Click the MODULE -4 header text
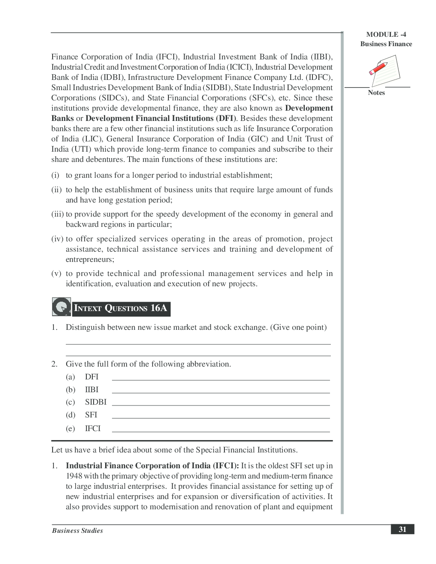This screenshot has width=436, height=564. click(386, 35)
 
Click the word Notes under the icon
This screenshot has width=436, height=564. click(376, 93)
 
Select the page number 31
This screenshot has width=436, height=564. click(402, 529)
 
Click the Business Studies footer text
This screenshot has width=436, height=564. click(77, 531)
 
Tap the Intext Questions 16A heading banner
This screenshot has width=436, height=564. click(121, 308)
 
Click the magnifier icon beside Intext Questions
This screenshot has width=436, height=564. click(61, 307)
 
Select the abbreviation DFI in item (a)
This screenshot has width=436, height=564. click(91, 377)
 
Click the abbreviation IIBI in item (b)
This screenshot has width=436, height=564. click(91, 390)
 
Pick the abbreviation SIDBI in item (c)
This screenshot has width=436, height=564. click(96, 402)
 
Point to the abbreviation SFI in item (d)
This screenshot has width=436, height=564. click(91, 415)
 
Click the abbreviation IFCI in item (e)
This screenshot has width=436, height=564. click(93, 429)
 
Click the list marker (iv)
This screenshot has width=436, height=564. click(57, 239)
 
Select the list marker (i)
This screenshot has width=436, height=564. click(55, 175)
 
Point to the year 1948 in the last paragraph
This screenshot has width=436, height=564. click(74, 476)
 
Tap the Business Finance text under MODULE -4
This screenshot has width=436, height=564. click(386, 44)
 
